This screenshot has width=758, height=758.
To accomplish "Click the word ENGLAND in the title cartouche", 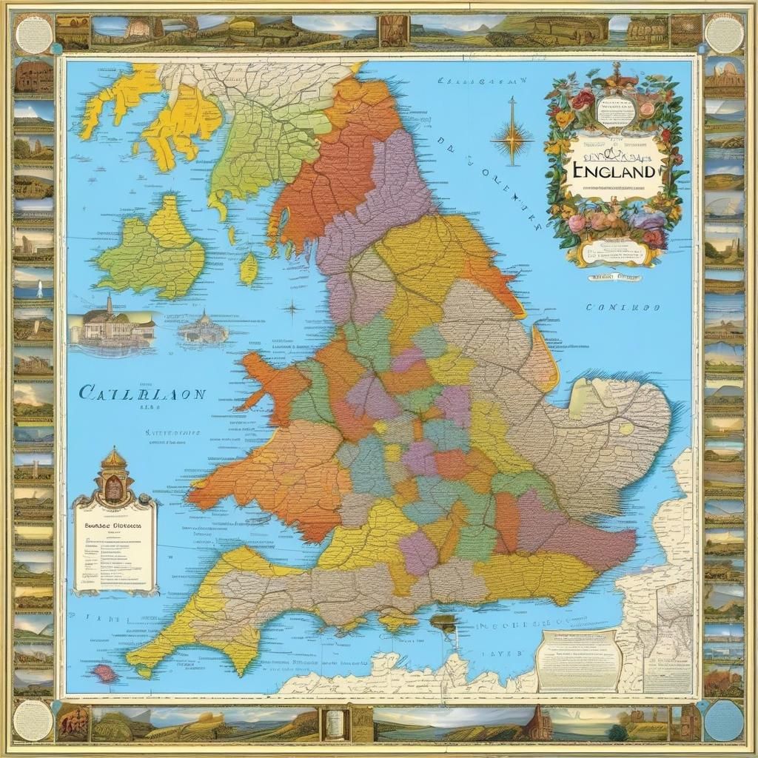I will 613,171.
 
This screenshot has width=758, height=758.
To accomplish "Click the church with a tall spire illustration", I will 111,326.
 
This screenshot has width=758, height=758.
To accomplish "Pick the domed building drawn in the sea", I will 202,329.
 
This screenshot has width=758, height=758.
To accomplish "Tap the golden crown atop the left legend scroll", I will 114,460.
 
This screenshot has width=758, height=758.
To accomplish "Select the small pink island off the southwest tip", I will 104,673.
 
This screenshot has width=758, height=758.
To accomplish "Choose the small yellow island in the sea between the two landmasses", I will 249,268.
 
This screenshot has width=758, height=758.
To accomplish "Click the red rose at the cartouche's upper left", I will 583,100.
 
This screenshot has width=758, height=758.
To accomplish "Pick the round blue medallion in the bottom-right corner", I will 723,720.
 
